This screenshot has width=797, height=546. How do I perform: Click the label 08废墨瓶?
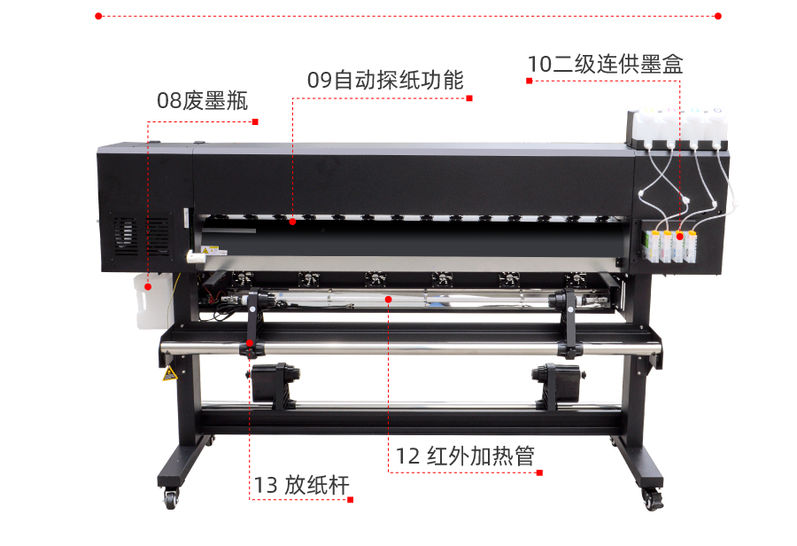point(202,101)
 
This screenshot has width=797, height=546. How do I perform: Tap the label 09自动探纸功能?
point(385,80)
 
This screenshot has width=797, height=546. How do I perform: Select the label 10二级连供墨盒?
point(605,64)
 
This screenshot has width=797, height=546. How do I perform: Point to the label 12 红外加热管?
point(465,456)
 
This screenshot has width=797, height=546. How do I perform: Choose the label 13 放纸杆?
point(301,485)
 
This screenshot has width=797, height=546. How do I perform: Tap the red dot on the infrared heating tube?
point(389,300)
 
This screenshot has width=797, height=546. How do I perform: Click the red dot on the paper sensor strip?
point(292,222)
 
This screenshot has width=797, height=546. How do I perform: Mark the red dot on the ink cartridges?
point(679,237)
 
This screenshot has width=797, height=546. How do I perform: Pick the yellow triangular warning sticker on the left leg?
point(170,373)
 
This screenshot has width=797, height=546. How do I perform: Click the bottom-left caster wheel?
point(170,497)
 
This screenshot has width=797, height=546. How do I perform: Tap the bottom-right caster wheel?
point(652,499)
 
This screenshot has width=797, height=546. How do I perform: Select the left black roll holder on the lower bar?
point(275,385)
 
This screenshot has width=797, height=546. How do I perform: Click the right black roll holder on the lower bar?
point(557,385)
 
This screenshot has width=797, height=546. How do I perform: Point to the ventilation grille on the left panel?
point(142,236)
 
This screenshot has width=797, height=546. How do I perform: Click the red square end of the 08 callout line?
point(255,121)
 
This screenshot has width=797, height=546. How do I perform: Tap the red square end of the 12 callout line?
point(539,472)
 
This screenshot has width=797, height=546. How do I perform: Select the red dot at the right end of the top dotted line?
point(717,16)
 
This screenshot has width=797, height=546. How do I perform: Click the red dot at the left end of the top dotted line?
point(98,16)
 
